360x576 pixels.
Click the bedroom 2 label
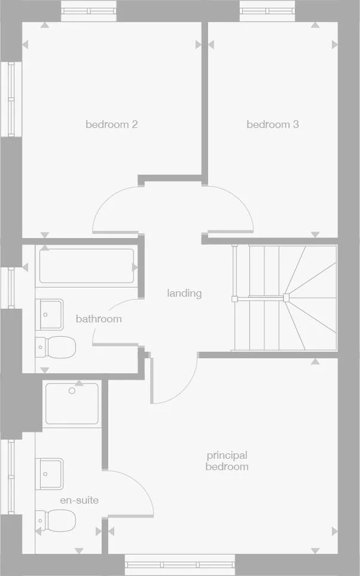coord(112,124)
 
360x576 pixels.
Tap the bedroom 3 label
coord(273,124)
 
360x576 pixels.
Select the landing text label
coord(184,293)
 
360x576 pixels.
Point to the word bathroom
coord(99,319)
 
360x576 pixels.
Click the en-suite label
coord(79,500)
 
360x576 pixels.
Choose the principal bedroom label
coord(227,461)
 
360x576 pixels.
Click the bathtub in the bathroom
coord(87,266)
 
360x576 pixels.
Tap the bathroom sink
coord(51,314)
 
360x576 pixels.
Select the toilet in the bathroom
coord(56,346)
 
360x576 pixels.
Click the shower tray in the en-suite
coord(73,403)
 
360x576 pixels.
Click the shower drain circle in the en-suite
coord(72,391)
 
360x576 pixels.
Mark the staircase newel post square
coord(286,297)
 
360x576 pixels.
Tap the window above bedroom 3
coord(267,11)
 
